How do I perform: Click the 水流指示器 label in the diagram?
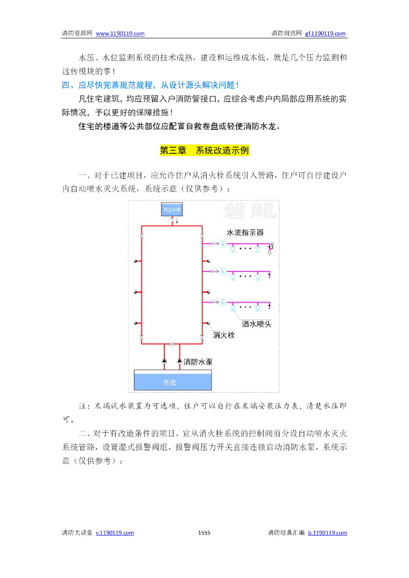click(245, 233)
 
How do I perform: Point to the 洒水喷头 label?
click(256, 324)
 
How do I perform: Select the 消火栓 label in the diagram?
click(224, 335)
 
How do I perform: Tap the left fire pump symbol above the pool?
click(164, 360)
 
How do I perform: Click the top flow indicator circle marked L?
click(223, 244)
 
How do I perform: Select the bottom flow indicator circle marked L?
click(223, 302)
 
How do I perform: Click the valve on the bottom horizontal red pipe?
click(172, 344)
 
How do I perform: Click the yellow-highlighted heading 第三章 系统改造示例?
click(204, 151)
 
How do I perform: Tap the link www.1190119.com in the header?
click(120, 33)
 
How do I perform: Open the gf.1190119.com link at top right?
click(325, 33)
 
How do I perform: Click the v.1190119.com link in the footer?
click(115, 532)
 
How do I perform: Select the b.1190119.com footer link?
click(328, 532)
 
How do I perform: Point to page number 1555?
click(204, 532)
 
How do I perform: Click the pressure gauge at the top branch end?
click(272, 244)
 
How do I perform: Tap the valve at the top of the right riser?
click(202, 235)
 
